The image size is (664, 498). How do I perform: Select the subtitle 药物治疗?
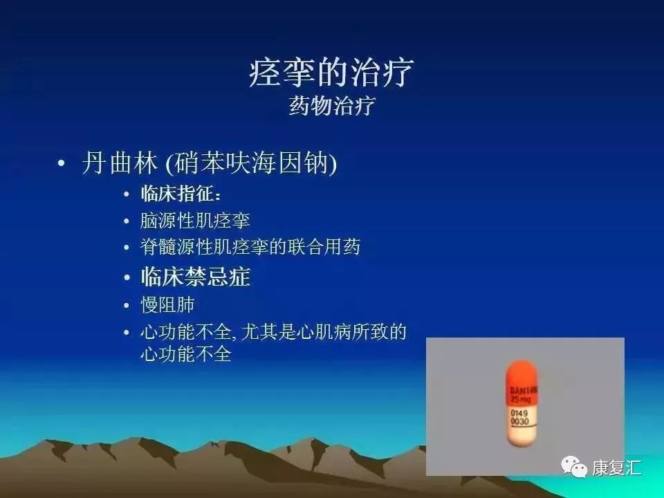[x=332, y=107]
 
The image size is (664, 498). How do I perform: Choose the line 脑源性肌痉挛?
[x=195, y=221]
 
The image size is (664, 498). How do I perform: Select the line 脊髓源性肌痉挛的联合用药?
[x=250, y=247]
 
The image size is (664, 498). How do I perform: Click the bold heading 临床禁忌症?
[x=195, y=277]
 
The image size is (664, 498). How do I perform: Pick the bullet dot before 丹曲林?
[x=62, y=164]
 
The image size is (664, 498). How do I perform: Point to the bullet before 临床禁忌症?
[x=126, y=278]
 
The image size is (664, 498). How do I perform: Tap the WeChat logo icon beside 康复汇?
[x=573, y=467]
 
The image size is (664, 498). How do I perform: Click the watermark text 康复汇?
[x=616, y=468]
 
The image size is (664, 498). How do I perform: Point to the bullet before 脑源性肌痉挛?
[x=126, y=221]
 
